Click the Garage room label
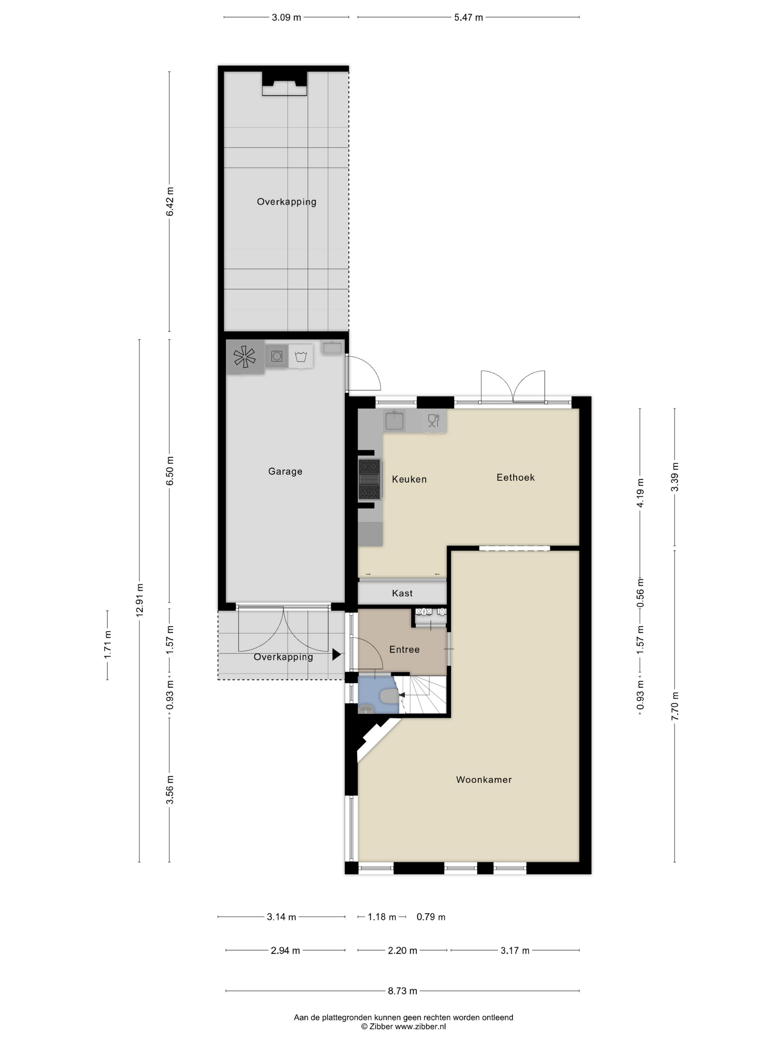coord(285,472)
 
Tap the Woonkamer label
coord(484,779)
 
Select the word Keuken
coord(409,479)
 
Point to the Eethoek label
coord(515,477)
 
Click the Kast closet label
coord(402,593)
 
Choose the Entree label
coord(404,649)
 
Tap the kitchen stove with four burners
coord(369,479)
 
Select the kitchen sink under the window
coord(394,421)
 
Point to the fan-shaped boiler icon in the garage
coord(245,357)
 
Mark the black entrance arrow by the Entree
coord(337,654)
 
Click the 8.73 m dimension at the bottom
coord(402,990)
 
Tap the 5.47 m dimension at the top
coord(468,18)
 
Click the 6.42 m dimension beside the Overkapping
coord(170,202)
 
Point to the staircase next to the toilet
coord(422,695)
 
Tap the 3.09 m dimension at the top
coord(286,18)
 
